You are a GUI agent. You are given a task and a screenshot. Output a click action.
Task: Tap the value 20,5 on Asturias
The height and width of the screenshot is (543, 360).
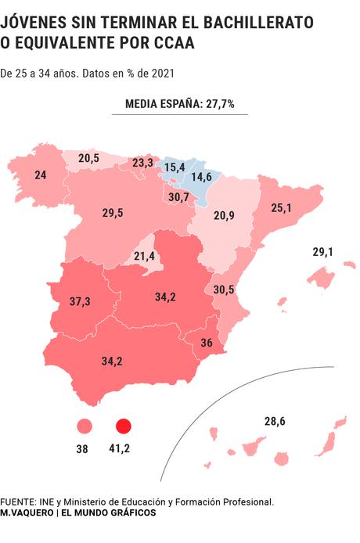point(88,158)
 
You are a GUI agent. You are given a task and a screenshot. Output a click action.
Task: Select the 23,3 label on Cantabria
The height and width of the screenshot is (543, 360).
point(142,163)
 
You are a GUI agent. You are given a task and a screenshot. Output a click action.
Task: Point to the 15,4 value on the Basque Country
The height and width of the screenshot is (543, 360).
point(174,167)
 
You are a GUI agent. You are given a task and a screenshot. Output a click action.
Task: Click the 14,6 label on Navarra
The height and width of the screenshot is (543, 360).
point(202,178)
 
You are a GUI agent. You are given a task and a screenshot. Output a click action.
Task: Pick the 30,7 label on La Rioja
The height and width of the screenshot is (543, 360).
point(179,197)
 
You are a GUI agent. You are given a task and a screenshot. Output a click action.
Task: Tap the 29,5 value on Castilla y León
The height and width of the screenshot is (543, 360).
point(113,213)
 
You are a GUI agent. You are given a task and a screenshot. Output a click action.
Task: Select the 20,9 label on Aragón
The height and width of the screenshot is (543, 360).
point(225,215)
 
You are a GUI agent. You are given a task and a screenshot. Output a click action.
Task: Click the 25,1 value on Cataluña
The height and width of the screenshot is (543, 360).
point(281,208)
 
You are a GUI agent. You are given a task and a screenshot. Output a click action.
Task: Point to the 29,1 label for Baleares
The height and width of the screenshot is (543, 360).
point(323,252)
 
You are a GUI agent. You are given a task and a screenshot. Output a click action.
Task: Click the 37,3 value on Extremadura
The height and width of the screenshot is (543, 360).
point(80,301)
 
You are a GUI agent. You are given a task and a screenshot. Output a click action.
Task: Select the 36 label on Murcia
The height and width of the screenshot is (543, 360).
point(207,343)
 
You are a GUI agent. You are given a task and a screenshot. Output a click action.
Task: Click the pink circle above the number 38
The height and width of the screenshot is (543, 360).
point(84,426)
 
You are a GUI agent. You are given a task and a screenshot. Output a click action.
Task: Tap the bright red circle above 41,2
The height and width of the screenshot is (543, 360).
point(122,426)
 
